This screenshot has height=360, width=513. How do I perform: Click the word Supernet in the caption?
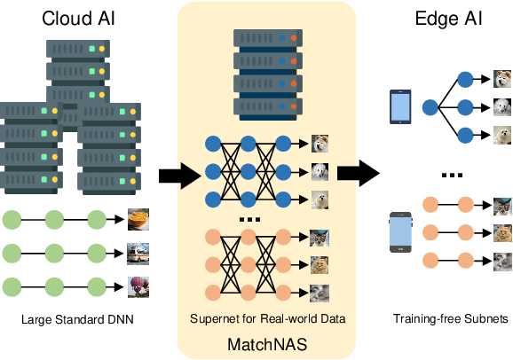(x=212, y=318)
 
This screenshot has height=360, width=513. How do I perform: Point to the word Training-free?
(x=421, y=318)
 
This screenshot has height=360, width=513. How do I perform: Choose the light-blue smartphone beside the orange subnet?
(x=399, y=232)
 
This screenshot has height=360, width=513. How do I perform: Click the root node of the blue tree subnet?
(x=430, y=107)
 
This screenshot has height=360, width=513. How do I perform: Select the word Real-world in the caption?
(x=277, y=318)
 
